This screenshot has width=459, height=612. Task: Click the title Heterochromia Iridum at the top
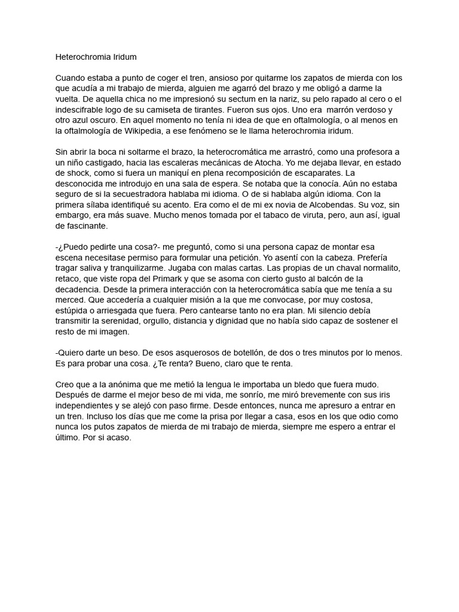tap(96, 57)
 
